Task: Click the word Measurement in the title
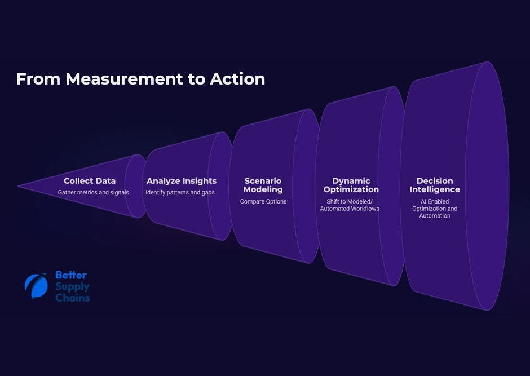pos(123,79)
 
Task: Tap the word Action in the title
pos(237,79)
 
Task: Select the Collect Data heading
pos(90,181)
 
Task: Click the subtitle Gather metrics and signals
pos(94,193)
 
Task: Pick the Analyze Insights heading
pos(182,181)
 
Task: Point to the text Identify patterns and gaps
pos(180,193)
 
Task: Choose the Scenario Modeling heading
pos(263,185)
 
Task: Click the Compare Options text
pos(263,202)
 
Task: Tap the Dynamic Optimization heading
pos(351,185)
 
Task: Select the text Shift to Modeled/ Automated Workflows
pos(350,205)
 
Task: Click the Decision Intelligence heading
pos(435,185)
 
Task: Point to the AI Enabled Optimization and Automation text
pos(435,209)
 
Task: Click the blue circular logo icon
pos(36,286)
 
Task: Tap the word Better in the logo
pos(71,276)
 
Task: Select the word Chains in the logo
pos(73,298)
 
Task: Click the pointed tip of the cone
pos(19,186)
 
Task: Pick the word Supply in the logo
pos(72,286)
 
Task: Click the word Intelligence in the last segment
pos(435,190)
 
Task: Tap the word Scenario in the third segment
pos(263,181)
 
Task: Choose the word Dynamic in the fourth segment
pos(351,181)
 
